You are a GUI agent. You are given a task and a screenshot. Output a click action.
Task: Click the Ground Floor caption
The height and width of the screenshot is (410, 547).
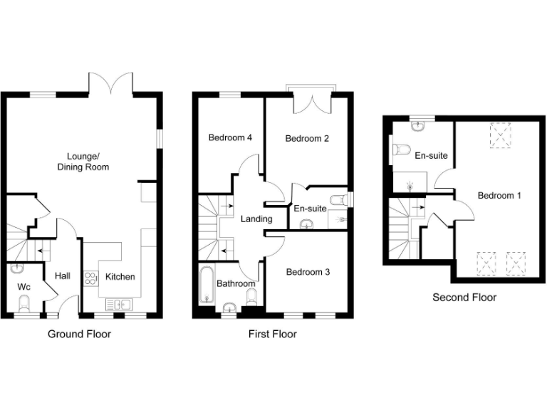pyautogui.click(x=79, y=333)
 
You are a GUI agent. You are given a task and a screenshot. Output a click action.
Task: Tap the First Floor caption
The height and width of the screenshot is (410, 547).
pyautogui.click(x=272, y=333)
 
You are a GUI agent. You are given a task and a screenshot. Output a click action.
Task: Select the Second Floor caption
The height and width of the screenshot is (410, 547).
pyautogui.click(x=464, y=297)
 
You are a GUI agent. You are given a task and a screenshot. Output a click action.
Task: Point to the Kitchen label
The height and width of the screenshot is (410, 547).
pyautogui.click(x=120, y=276)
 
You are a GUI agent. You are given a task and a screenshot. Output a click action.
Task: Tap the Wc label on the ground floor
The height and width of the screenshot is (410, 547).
pyautogui.click(x=24, y=288)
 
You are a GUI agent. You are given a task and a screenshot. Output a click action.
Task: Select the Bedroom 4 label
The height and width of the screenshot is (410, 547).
pyautogui.click(x=231, y=137)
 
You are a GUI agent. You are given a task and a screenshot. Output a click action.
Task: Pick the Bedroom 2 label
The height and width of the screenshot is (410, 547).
pyautogui.click(x=307, y=139)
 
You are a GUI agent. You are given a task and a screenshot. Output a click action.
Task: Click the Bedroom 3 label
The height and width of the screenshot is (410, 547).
pyautogui.click(x=308, y=271)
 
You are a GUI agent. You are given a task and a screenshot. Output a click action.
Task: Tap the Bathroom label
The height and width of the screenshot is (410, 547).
pyautogui.click(x=236, y=283)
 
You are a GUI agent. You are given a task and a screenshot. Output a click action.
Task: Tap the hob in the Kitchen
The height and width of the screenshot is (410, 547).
pyautogui.click(x=91, y=278)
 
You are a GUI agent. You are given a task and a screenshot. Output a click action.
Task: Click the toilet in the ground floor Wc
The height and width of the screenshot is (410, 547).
pyautogui.click(x=24, y=305)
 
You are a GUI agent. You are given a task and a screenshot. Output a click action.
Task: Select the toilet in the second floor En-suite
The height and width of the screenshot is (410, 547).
pyautogui.click(x=400, y=150)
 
